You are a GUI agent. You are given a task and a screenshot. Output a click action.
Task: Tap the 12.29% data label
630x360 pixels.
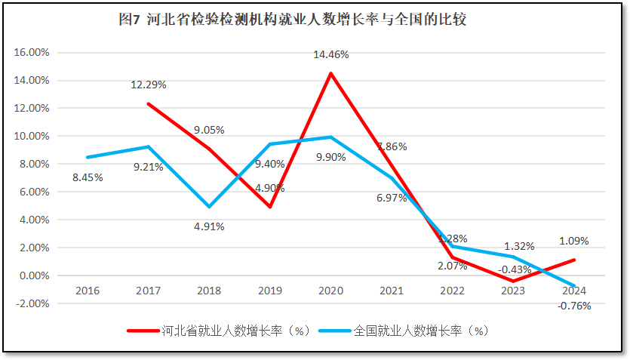[148, 85]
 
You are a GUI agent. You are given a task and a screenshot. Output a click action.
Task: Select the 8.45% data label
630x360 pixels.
[88, 177]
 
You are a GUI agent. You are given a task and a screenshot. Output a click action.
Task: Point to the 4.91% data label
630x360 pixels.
[209, 226]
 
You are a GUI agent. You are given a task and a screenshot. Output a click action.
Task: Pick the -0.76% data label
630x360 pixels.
[574, 306]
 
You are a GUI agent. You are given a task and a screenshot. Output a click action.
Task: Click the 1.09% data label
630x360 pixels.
[574, 242]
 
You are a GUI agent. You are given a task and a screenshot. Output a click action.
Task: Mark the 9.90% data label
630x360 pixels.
[331, 178]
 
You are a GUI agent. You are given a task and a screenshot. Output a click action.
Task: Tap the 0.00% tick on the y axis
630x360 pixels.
[33, 275]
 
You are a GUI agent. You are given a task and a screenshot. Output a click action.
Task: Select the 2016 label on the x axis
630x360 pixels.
[88, 291]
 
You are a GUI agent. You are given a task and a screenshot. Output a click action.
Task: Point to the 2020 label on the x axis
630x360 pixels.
[331, 291]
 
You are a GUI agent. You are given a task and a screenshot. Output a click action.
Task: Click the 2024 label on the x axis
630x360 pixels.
[574, 291]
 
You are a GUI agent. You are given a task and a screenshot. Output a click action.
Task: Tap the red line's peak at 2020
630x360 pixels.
[330, 73]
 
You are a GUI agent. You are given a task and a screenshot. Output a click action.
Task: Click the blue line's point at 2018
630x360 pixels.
[209, 207]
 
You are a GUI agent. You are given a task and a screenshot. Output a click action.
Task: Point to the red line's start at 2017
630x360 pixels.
[148, 103]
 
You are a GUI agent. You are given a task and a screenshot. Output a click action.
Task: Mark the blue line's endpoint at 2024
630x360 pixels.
[574, 286]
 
